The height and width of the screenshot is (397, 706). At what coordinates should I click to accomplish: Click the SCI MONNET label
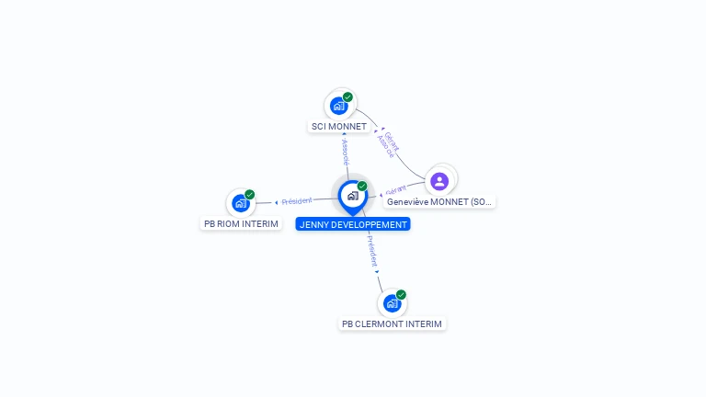(x=338, y=127)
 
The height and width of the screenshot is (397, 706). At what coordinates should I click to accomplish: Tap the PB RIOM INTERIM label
(x=241, y=223)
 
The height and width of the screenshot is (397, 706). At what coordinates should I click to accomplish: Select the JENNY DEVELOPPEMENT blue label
(x=353, y=224)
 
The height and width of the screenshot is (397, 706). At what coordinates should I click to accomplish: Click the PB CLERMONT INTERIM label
(x=392, y=323)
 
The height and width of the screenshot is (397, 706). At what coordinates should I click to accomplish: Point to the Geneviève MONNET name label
(x=439, y=201)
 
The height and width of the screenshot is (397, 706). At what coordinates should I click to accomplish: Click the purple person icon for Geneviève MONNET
(x=439, y=181)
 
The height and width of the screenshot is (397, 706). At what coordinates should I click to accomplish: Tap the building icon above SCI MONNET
(x=338, y=106)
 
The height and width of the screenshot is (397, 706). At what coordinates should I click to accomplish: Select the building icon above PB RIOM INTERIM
(x=241, y=203)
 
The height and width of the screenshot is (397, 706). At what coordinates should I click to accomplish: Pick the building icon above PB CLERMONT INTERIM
(x=392, y=303)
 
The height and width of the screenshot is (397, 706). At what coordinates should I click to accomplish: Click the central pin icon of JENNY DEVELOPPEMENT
(x=352, y=195)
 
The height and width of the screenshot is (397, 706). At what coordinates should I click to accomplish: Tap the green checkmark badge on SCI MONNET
(x=347, y=97)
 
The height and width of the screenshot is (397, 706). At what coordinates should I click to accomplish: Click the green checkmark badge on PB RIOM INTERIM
(x=250, y=195)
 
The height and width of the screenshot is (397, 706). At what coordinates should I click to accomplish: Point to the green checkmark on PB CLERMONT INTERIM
(x=401, y=295)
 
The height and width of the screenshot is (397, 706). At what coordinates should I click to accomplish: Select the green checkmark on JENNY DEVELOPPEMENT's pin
(x=362, y=187)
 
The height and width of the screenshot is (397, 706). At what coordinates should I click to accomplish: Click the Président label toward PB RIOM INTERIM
(x=297, y=200)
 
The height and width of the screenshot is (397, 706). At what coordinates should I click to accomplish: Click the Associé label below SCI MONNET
(x=345, y=153)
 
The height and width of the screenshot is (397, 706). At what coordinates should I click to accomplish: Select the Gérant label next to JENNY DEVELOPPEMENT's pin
(x=396, y=190)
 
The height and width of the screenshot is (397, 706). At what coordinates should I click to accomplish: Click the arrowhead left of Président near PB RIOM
(x=277, y=202)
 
